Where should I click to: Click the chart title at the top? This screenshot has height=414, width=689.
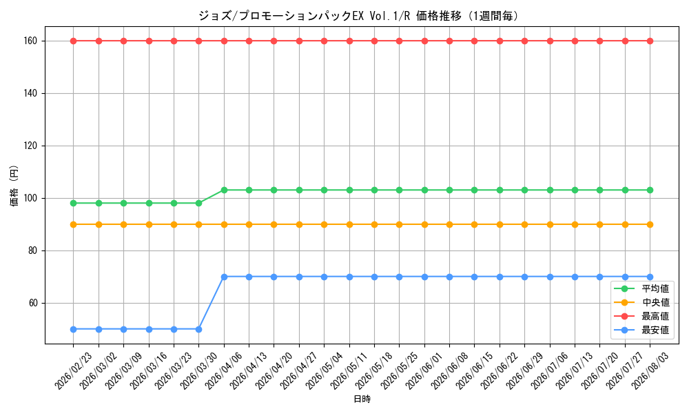point(358,16)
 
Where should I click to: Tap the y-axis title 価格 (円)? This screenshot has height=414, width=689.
point(14,186)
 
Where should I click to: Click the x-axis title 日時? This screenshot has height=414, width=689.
point(362,399)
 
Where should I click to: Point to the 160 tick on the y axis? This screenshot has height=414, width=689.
point(31,41)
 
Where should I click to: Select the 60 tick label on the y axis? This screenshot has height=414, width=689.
point(33,303)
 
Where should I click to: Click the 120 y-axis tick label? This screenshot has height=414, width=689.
point(31,146)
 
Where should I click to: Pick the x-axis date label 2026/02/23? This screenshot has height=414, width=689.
point(73,371)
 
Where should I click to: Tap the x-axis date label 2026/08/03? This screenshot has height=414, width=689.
point(650,371)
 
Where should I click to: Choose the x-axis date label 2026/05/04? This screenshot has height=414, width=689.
point(324,371)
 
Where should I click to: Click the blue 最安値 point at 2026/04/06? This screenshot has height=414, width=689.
point(224,277)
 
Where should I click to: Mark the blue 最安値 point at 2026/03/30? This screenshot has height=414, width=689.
point(198,329)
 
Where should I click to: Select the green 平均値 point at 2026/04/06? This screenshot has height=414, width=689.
point(224,190)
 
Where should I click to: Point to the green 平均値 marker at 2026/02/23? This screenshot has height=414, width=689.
point(74,204)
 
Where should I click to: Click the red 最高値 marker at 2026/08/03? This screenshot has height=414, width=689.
point(650,41)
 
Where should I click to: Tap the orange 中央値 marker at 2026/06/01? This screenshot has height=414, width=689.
point(424,224)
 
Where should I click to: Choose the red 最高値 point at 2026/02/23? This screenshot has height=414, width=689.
point(74,41)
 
